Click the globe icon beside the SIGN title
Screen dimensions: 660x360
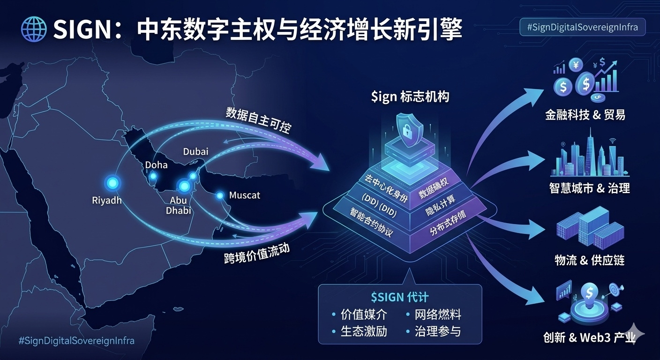34,30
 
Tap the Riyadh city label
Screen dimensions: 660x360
107,201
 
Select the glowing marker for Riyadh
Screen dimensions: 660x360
112,184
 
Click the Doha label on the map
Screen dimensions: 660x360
156,165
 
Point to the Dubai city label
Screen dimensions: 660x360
196,151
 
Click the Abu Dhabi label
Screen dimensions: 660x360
179,205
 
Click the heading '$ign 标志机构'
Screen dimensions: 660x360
410,97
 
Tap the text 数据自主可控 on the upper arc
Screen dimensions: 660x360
258,119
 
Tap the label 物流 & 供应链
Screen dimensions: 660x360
589,260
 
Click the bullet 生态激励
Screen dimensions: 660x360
364,331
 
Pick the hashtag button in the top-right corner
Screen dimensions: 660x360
582,27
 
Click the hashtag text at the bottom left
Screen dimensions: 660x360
76,340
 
